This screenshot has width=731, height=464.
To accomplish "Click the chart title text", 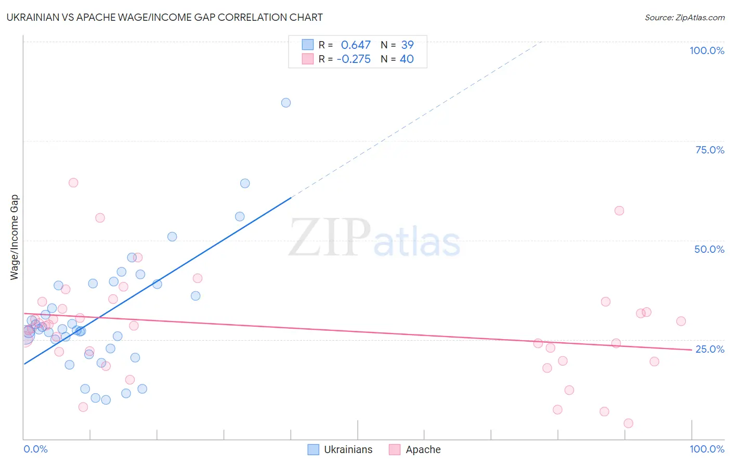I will click(165, 17).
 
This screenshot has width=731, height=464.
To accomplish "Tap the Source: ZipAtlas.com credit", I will click(684, 17).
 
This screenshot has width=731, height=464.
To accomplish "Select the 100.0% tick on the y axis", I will click(707, 50).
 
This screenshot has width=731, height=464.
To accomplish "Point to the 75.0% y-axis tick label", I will click(710, 150).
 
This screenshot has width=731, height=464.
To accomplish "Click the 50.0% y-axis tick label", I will click(709, 249).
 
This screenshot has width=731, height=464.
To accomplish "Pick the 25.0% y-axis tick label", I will click(710, 349).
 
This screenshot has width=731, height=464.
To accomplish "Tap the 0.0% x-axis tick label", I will click(35, 449).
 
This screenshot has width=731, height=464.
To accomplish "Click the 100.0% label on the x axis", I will click(707, 449).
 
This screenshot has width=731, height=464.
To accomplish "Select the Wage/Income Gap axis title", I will click(15, 237).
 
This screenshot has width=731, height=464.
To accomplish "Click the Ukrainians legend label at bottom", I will click(348, 449).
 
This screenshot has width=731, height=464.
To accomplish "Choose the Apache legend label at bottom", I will click(423, 449).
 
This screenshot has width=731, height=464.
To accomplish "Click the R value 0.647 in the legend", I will click(356, 45).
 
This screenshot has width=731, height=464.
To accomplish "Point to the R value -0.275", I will click(354, 59).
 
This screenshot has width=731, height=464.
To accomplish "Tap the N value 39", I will click(407, 45).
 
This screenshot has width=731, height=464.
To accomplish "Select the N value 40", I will click(407, 59).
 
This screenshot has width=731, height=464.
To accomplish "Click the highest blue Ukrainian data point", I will click(286, 102).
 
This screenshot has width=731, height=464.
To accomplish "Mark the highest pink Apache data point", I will click(73, 183).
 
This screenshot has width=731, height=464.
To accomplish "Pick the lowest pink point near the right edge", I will click(628, 423).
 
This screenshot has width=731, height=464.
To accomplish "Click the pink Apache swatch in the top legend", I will click(308, 59).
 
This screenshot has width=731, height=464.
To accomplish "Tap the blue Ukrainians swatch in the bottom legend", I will click(313, 449).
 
